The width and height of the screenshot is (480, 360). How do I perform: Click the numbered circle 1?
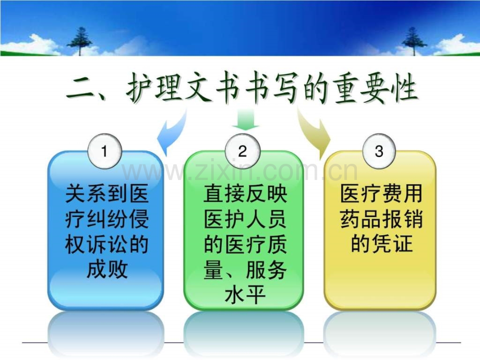pos(105,151)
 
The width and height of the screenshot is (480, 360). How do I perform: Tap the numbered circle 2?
pos(243,151)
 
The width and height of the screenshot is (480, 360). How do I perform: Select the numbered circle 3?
pos(379,151)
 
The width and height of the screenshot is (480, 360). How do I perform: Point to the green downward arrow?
pos(246,119)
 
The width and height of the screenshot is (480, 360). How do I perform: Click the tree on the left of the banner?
pos(80,41)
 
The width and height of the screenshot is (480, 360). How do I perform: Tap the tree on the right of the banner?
pos(414,41)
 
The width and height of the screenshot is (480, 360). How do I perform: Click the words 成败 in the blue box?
pos(107,270)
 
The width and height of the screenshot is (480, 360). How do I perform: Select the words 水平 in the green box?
pos(245,295)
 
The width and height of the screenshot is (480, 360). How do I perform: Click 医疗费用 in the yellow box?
pos(381,194)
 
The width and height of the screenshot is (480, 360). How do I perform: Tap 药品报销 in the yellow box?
pos(381,219)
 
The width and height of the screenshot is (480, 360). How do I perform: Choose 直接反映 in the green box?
pos(245,194)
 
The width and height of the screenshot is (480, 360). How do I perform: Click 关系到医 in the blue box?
pos(107,194)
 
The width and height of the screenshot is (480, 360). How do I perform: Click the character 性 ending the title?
pos(403,89)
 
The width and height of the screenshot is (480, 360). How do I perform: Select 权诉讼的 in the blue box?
pos(107,245)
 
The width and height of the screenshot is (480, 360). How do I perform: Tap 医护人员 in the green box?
pos(245,219)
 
